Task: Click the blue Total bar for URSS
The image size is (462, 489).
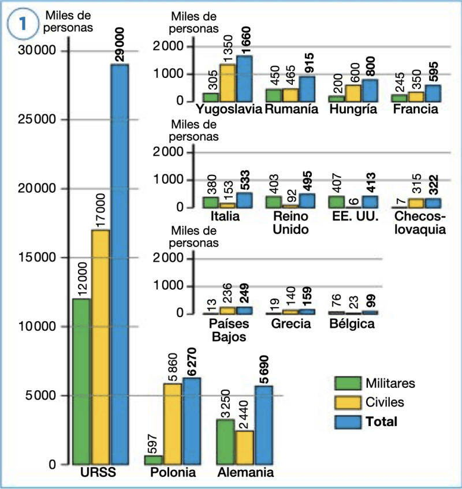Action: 120,264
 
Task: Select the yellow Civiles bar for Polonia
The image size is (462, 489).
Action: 173,424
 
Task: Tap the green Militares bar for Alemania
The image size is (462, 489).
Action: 225,442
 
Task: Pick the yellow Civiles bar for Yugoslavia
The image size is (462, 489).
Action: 228,83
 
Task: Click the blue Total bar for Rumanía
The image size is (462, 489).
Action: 307,89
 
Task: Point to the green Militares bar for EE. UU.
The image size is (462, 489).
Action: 337,202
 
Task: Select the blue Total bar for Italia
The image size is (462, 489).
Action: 244,200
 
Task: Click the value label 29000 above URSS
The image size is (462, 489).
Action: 120,44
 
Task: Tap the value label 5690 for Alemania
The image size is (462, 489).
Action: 264,369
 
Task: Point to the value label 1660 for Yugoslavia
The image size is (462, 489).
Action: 245,41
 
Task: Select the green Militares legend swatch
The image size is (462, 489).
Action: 348,383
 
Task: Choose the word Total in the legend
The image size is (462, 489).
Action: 381,421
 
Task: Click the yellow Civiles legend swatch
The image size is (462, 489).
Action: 348,402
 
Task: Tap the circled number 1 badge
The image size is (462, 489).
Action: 23,24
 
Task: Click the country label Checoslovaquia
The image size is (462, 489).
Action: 420,223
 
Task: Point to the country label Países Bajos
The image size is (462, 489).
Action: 229,330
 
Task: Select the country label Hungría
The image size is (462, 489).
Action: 353,110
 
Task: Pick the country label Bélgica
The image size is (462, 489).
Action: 352,324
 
